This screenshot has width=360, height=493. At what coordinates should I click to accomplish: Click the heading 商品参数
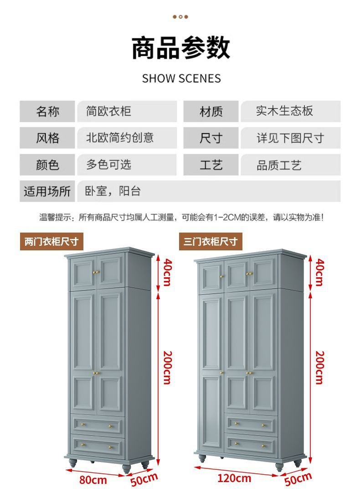pyautogui.click(x=181, y=48)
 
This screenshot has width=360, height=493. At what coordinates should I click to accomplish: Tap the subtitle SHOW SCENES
pyautogui.click(x=181, y=78)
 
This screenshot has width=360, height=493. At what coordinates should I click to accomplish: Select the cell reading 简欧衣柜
pyautogui.click(x=126, y=111)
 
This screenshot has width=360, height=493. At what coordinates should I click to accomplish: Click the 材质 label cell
pyautogui.click(x=211, y=111)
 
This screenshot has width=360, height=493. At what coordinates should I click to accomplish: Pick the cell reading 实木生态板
pyautogui.click(x=290, y=111)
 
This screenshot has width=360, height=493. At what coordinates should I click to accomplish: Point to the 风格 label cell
pyautogui.click(x=47, y=138)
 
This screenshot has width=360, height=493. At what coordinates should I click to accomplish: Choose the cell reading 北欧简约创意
pyautogui.click(x=126, y=138)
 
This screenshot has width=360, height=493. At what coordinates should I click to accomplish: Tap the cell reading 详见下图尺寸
pyautogui.click(x=290, y=138)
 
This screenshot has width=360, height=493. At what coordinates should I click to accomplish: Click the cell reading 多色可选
pyautogui.click(x=126, y=165)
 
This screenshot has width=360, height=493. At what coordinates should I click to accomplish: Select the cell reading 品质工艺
pyautogui.click(x=290, y=165)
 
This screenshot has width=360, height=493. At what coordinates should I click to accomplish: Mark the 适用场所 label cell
pyautogui.click(x=47, y=191)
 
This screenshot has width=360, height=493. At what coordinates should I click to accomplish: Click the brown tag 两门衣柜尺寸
pyautogui.click(x=51, y=242)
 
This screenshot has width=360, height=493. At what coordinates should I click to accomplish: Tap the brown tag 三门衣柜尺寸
pyautogui.click(x=211, y=242)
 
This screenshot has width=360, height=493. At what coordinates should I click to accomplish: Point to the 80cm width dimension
pyautogui.click(x=93, y=480)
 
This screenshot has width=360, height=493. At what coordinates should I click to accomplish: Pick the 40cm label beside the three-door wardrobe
pyautogui.click(x=319, y=272)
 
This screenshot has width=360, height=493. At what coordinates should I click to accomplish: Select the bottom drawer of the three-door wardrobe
pyautogui.click(x=251, y=444)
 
